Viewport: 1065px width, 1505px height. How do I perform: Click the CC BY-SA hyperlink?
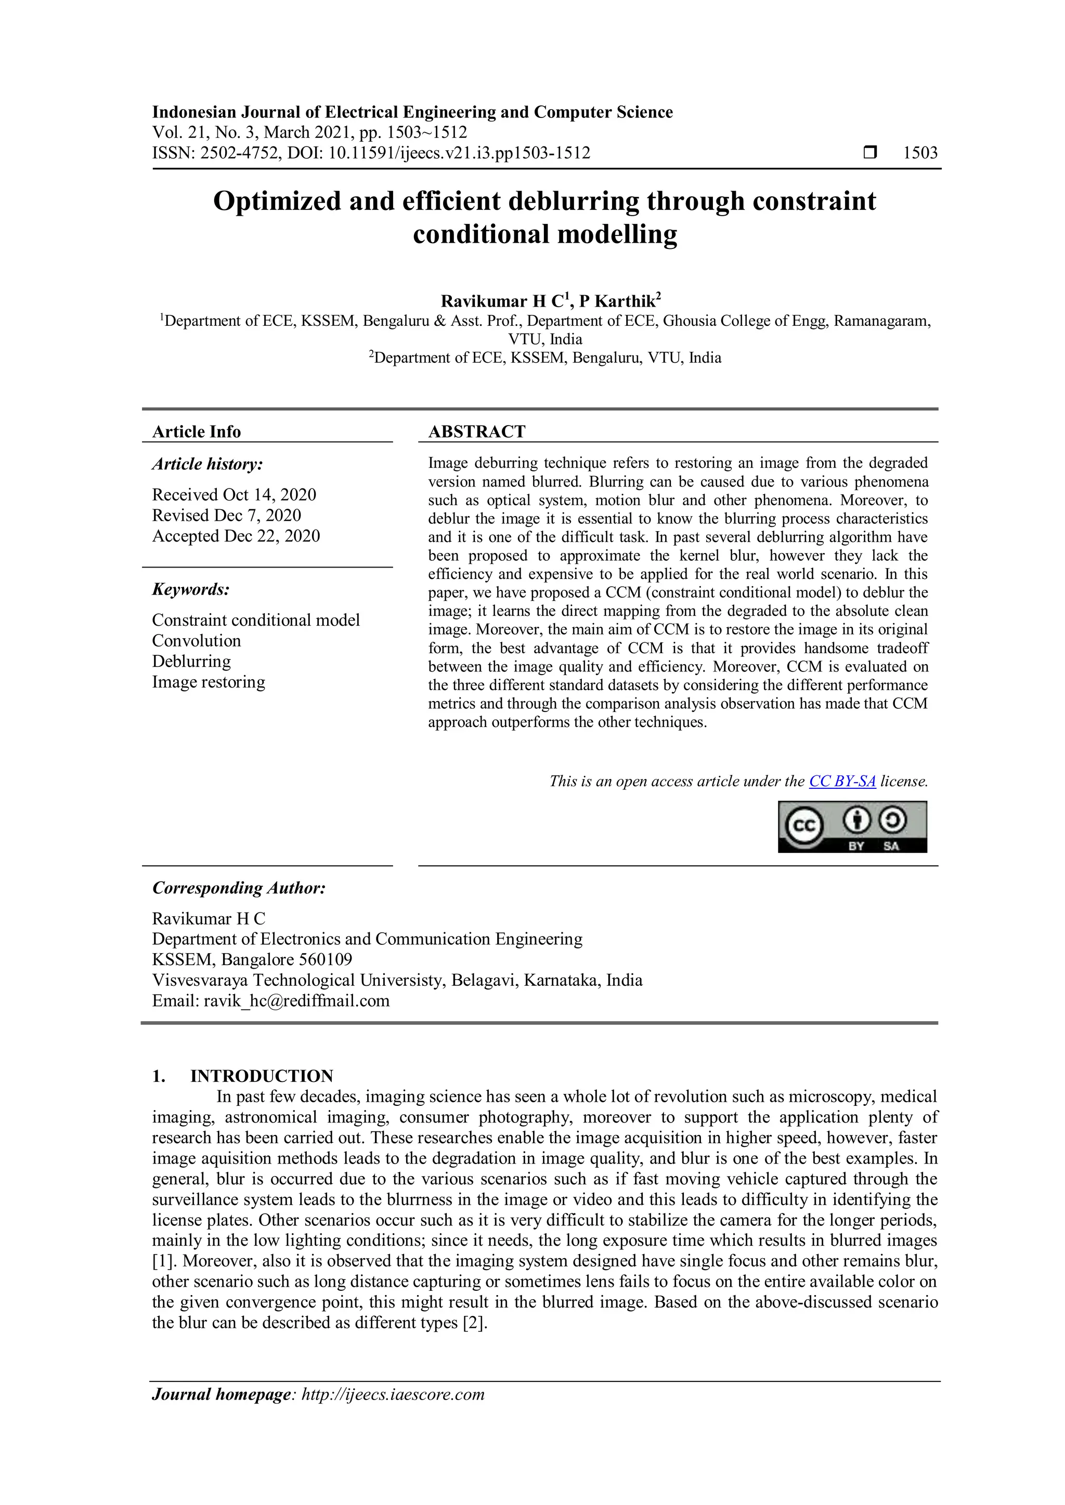pos(842,781)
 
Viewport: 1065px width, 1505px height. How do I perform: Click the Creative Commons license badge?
pos(852,827)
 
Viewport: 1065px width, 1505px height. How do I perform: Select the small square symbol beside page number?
pos(870,153)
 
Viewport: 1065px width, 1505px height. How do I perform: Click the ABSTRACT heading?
pos(477,431)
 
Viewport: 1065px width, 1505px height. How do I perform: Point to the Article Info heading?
pos(196,431)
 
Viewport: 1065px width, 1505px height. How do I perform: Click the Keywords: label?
pos(191,589)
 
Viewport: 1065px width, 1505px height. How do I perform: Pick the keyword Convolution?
pos(196,640)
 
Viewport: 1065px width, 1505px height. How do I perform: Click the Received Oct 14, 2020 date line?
pos(234,494)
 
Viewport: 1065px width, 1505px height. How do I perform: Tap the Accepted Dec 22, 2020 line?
pos(236,536)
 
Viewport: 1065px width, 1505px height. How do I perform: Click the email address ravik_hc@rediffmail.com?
pos(296,1000)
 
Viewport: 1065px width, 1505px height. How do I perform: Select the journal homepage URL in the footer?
pos(392,1394)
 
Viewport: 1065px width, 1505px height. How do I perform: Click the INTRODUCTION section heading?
pos(262,1076)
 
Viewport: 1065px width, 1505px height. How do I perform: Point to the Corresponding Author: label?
pos(239,888)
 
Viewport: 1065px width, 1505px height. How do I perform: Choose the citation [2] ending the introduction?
pos(474,1322)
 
